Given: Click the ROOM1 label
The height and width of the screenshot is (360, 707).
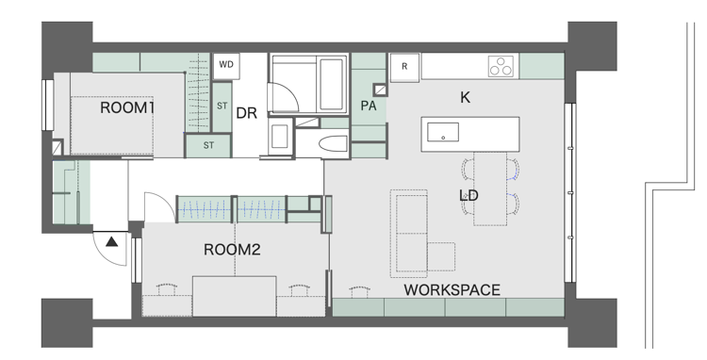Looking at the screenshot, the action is [127, 107].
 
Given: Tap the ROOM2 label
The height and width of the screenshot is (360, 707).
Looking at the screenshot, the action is [232, 250].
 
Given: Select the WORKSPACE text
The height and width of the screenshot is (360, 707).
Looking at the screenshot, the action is [452, 289].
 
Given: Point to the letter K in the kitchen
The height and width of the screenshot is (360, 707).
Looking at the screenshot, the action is [466, 97].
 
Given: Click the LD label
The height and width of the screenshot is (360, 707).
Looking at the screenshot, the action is [469, 195].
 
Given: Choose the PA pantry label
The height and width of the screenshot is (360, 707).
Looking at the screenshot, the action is [369, 106].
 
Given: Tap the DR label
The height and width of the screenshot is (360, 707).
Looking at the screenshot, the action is [247, 113].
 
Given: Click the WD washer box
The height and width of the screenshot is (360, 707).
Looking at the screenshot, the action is [226, 66].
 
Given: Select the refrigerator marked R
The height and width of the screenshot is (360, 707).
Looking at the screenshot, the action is [404, 67].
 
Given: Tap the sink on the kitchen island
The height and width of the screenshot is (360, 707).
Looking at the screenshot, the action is [443, 133].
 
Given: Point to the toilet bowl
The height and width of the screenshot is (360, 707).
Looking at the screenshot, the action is [333, 144].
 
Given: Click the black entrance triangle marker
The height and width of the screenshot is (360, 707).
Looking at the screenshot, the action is [112, 242].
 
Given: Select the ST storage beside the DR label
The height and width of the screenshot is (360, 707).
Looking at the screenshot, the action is [222, 106].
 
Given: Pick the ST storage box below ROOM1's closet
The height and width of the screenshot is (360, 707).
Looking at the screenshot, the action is [208, 145].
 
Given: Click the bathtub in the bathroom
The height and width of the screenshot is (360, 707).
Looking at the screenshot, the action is [333, 84].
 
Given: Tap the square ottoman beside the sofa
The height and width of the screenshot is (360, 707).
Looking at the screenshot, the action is [441, 256].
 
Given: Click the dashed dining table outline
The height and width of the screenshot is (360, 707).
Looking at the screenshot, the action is [490, 188].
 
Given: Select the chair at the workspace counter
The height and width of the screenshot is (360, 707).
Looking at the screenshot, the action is [360, 291].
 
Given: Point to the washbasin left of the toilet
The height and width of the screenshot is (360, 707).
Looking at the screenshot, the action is [280, 136].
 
